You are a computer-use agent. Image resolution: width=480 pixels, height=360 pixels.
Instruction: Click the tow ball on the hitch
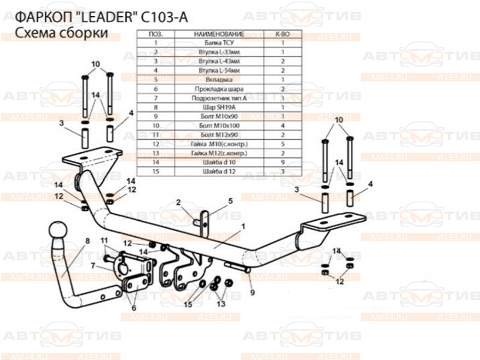(56, 232)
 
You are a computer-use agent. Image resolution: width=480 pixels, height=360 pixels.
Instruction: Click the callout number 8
(88, 241)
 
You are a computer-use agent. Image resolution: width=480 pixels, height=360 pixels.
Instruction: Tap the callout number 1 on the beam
(244, 226)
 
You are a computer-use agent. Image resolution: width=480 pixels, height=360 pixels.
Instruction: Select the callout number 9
(253, 293)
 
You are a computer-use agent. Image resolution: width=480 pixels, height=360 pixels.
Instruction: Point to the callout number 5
(230, 201)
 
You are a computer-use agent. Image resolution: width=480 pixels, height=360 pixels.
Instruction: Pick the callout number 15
(93, 265)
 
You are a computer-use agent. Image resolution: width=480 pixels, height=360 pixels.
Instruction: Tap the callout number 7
(93, 265)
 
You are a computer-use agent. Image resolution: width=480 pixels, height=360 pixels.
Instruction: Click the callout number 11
(103, 241)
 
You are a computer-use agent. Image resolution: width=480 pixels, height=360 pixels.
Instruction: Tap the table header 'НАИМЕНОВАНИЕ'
(218, 35)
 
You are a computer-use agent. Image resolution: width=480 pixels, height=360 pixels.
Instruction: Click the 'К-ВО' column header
(282, 35)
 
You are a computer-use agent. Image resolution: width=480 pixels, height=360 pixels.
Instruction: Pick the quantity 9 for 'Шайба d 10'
(282, 162)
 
